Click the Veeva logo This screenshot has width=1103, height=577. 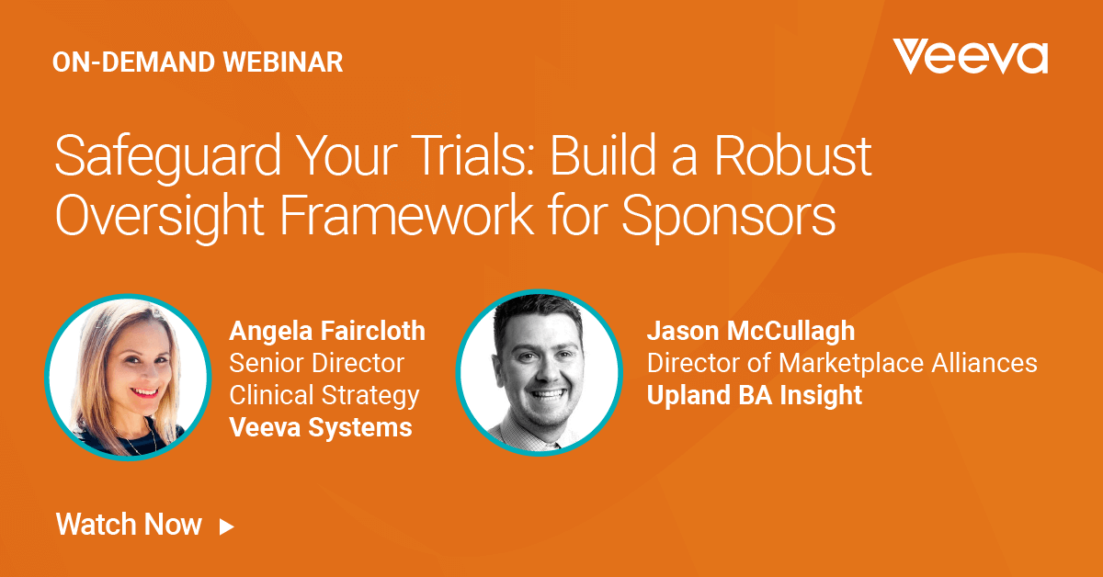click(x=970, y=57)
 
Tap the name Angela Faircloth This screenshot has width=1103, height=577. click(x=327, y=331)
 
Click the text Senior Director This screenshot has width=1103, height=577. click(x=316, y=363)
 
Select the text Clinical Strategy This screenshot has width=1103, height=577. click(x=324, y=395)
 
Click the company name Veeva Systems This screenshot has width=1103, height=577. click(x=320, y=427)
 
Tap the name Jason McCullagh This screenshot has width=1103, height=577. click(x=750, y=331)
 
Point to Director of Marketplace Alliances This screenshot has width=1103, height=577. click(x=841, y=363)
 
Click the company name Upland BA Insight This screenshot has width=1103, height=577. click(x=754, y=395)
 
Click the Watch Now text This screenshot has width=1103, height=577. click(x=129, y=525)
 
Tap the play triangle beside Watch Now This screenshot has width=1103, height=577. click(x=226, y=526)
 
